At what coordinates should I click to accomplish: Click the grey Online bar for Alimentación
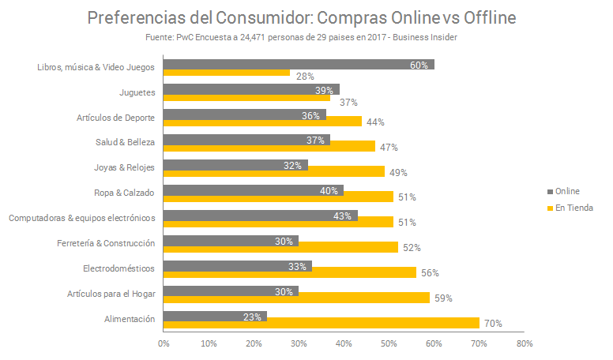(x=215, y=316)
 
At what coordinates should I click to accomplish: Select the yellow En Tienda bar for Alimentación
(x=322, y=323)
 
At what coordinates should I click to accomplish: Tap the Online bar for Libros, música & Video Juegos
(x=299, y=65)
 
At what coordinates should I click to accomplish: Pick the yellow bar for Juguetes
(x=246, y=97)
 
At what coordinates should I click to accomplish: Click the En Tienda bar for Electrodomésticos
(x=290, y=272)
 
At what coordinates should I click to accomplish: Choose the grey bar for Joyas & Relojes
(x=235, y=166)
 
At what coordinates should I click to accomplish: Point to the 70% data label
(x=492, y=323)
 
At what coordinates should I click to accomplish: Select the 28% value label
(x=305, y=77)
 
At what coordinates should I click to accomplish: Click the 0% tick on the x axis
(x=164, y=344)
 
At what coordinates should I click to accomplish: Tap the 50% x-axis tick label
(x=389, y=344)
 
